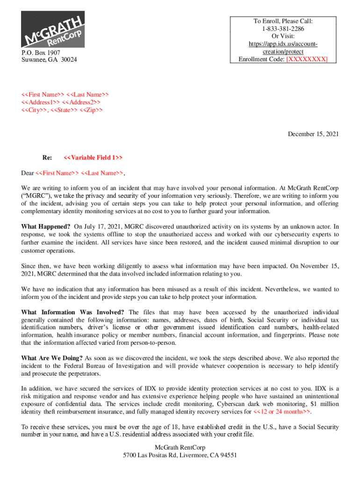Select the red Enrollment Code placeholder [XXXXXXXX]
(307, 59)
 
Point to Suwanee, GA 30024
(49, 60)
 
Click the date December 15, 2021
(313, 134)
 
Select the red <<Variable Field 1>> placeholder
(93, 158)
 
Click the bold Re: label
(47, 158)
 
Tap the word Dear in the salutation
(28, 173)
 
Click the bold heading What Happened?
(46, 226)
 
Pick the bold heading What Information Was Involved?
(72, 312)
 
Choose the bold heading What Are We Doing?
(51, 358)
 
